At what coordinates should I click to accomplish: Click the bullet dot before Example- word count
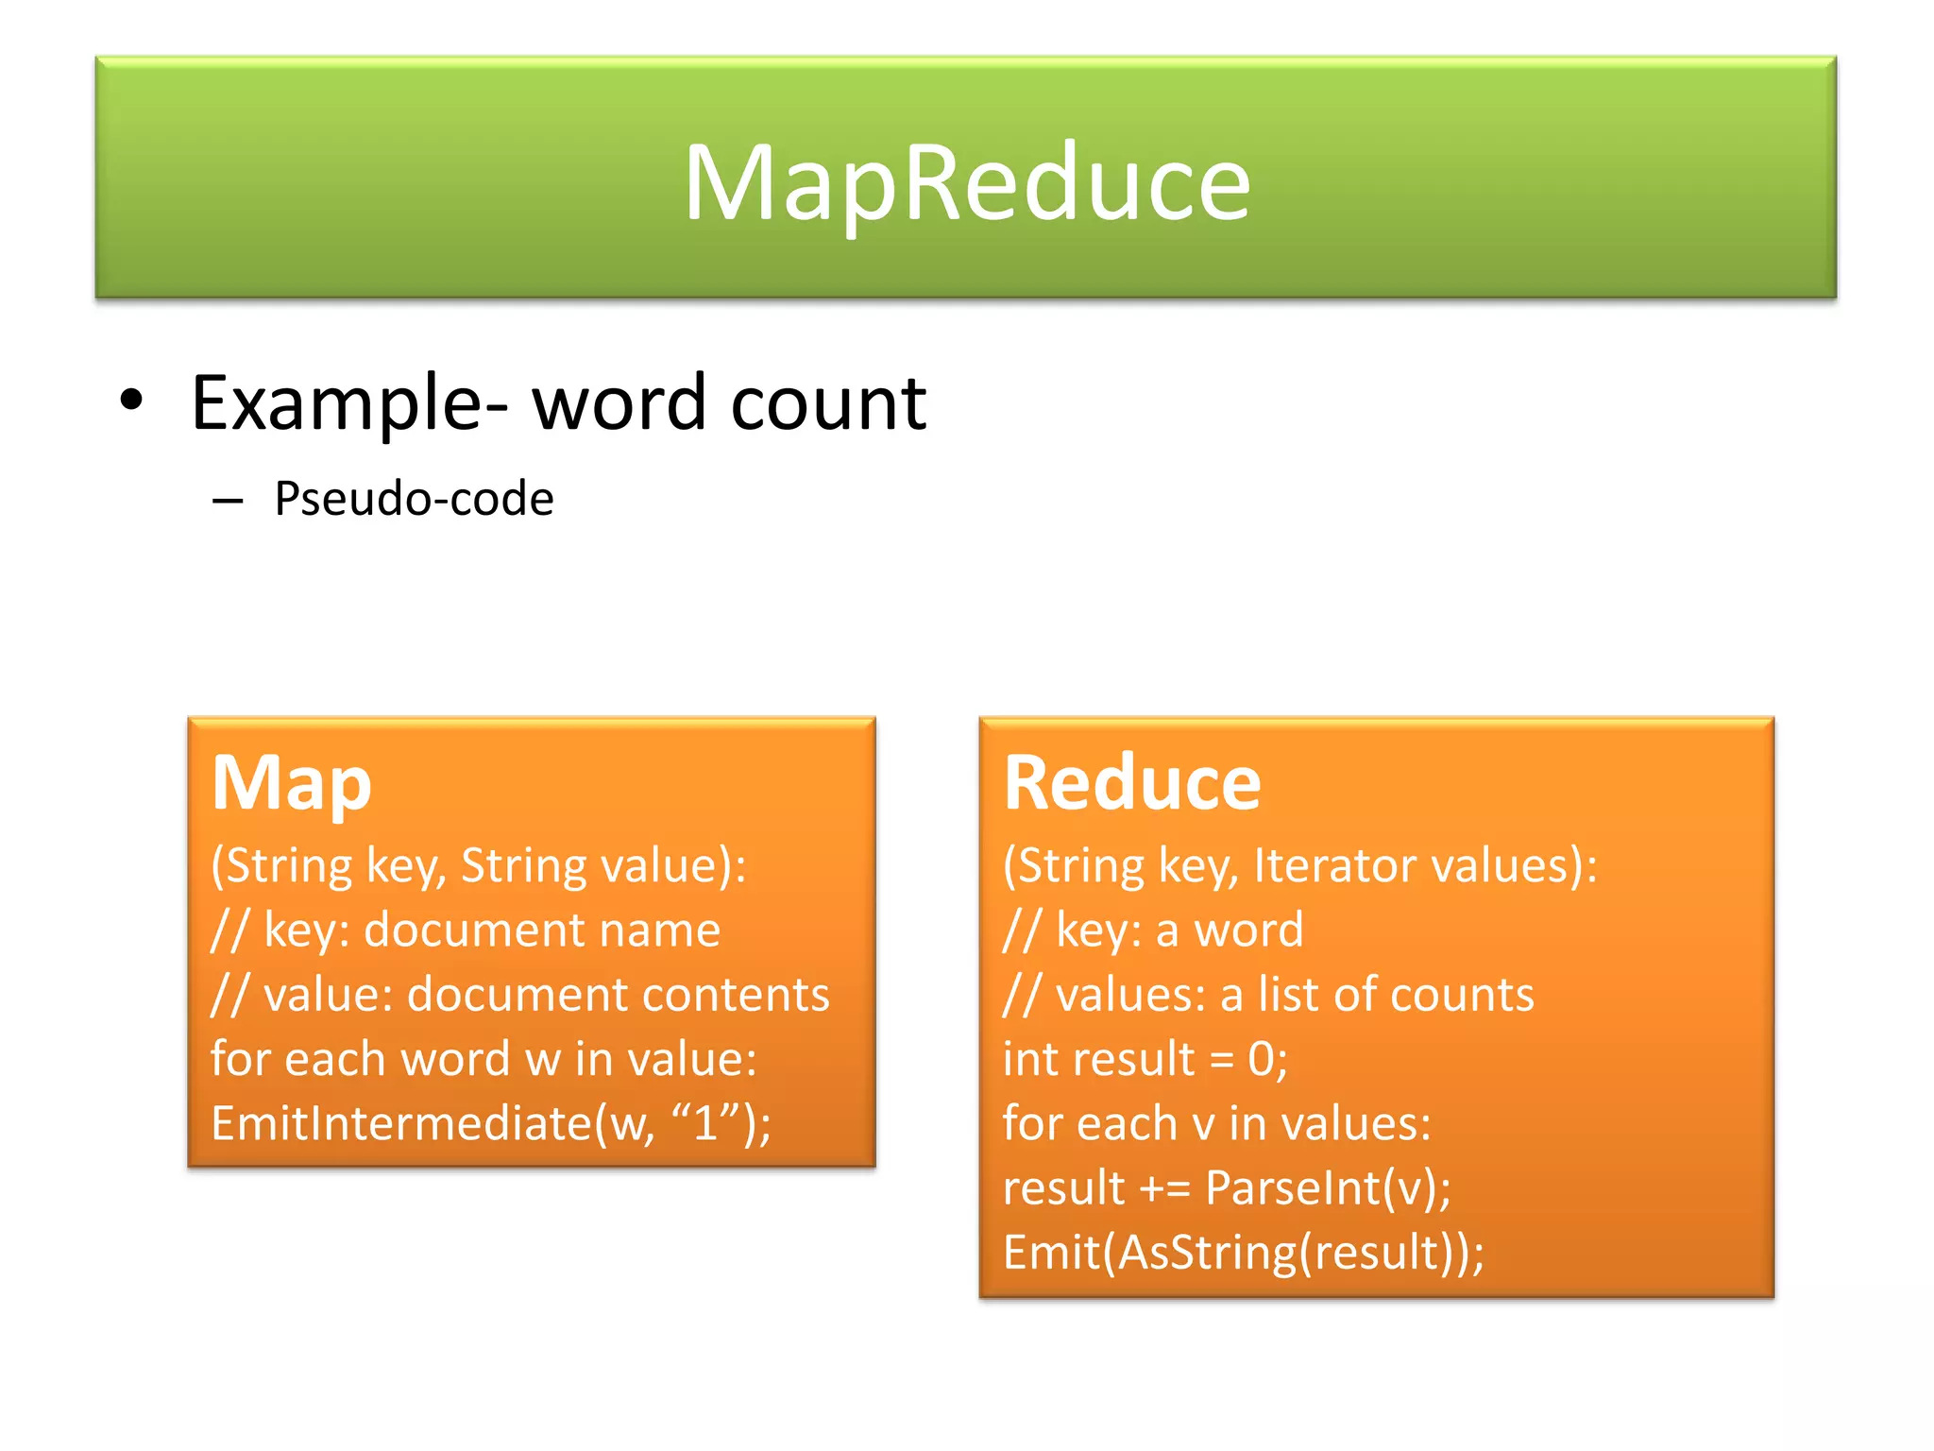131,401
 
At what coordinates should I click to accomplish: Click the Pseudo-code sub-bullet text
414,499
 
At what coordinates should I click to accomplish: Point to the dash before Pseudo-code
228,500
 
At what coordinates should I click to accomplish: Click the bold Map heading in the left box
291,784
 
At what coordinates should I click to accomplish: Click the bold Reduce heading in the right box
1131,784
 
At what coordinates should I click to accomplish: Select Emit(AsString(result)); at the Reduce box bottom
1243,1253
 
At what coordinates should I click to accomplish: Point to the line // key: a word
1153,930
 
